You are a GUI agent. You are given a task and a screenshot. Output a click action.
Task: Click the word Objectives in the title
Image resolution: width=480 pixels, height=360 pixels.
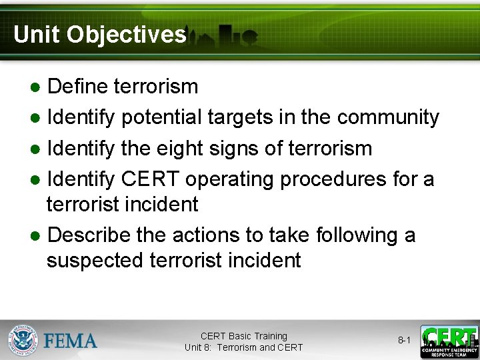(x=127, y=35)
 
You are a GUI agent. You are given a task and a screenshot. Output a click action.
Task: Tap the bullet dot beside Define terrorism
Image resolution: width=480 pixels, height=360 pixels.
(x=35, y=87)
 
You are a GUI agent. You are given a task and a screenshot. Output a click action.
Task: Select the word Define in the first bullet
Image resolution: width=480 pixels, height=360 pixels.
(x=77, y=86)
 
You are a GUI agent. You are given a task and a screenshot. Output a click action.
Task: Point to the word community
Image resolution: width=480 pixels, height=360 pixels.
(x=388, y=118)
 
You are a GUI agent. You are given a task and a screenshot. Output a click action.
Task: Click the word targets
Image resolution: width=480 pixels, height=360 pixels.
(x=240, y=118)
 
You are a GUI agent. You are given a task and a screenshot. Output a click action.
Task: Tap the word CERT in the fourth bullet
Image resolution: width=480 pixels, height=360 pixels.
(x=150, y=179)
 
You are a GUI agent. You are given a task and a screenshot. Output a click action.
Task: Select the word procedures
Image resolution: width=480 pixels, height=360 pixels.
(x=333, y=180)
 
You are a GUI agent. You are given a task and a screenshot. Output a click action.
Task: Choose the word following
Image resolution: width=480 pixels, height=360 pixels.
(x=357, y=236)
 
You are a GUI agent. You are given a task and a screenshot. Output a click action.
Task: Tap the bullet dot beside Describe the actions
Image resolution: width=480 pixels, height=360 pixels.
(x=35, y=236)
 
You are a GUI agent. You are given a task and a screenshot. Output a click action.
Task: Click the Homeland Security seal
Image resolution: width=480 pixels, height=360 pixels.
(x=23, y=340)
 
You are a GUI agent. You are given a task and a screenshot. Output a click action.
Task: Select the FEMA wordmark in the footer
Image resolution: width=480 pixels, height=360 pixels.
(x=70, y=341)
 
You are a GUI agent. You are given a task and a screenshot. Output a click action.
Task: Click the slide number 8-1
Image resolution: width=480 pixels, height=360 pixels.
(x=404, y=340)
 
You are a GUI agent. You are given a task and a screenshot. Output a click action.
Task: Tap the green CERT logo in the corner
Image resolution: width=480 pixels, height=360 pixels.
(x=449, y=341)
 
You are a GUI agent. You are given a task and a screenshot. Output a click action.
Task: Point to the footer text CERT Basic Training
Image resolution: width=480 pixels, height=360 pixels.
(x=244, y=336)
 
